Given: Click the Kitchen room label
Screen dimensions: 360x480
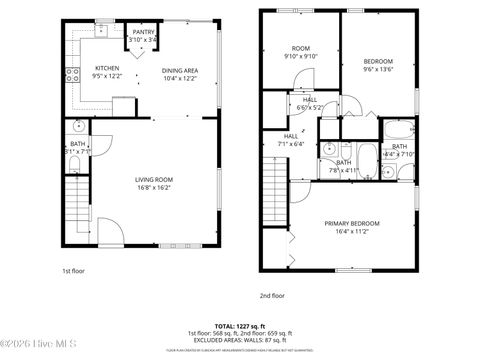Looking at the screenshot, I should pos(107,68).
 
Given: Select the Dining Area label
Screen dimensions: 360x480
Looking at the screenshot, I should pos(180,70).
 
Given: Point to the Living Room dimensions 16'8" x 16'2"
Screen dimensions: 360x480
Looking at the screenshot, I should pos(155,187).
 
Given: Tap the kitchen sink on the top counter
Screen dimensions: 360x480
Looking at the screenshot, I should pos(102,31).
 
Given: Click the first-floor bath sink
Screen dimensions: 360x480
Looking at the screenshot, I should pos(78,128).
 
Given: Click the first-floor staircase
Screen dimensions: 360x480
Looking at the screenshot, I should pos(76,206).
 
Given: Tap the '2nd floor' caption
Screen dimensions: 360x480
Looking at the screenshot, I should pos(272,296).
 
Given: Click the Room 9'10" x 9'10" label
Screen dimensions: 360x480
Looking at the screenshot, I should pos(301,52).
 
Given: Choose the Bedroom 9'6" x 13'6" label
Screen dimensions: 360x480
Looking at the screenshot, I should pos(377,65).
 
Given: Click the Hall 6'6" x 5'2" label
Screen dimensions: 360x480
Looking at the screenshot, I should pos(303,103).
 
